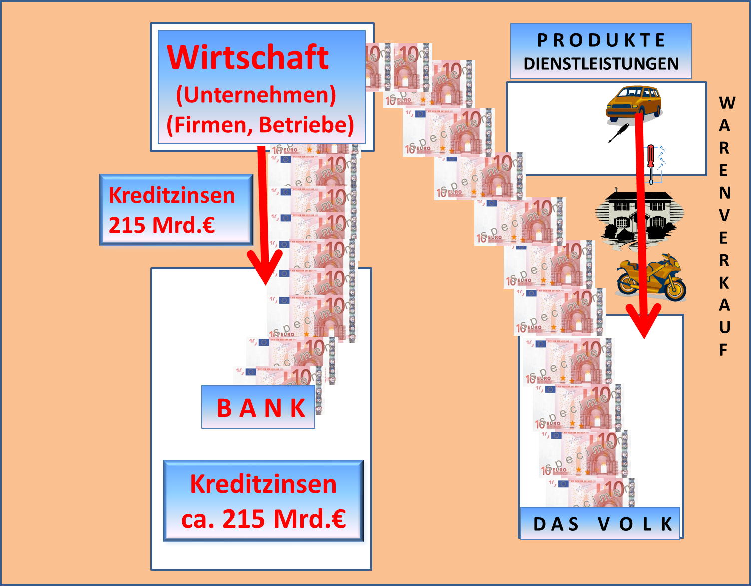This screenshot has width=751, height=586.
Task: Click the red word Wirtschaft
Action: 248,57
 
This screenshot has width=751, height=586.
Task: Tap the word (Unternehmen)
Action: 256,95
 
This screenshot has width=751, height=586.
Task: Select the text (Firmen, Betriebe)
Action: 260,125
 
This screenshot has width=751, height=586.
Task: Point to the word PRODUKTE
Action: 601,40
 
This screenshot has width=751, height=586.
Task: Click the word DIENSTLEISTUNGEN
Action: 601,64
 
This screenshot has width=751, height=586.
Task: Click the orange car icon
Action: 633,103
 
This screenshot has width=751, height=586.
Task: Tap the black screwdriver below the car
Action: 618,133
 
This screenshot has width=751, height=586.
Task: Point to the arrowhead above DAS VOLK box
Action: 644,322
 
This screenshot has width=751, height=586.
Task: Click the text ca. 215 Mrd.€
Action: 263,519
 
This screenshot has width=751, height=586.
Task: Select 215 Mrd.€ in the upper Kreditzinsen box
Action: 162,225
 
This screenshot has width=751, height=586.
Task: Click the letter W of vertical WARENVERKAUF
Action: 727,103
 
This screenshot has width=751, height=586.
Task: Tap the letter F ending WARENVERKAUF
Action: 723,350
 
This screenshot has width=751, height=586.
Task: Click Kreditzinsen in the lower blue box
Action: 263,484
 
